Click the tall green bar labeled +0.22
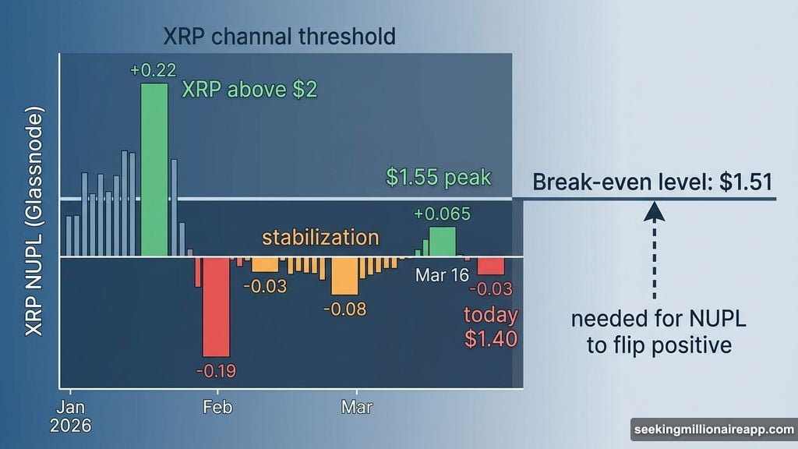pos(154,169)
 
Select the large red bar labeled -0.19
pos(216,306)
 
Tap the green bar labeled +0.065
pos(442,242)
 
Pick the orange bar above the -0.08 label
pos(344,275)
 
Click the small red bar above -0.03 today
pos(490,265)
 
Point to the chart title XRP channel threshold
pos(279,36)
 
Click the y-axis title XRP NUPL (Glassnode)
pos(34,222)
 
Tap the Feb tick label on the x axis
pos(217,408)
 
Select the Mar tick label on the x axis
pos(357,408)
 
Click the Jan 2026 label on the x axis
pos(71,416)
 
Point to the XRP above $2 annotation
pos(249,90)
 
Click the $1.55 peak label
pos(439,178)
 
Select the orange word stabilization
pos(320,238)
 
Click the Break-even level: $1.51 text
pos(652,182)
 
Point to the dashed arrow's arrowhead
pos(654,212)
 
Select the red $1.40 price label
pos(490,339)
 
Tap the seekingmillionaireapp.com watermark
pos(712,430)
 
